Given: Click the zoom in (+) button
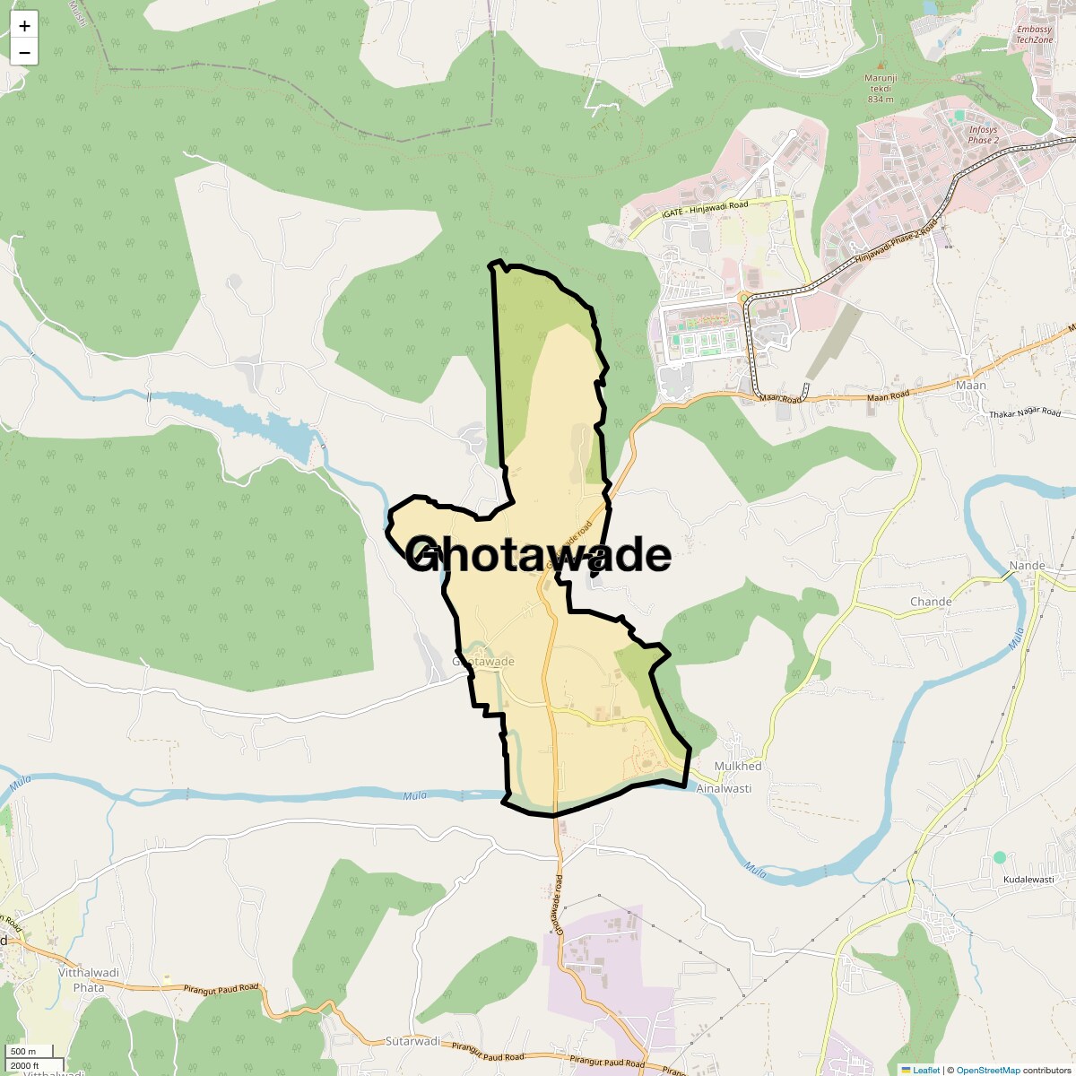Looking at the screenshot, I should point(24,27).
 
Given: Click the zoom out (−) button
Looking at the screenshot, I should point(24,53).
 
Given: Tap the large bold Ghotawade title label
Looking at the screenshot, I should point(538,555).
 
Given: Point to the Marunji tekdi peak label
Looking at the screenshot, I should point(881,88).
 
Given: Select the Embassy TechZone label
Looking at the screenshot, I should point(1034,35).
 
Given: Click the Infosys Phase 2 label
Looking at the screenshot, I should point(983,135).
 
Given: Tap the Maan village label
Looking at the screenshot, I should point(970,386).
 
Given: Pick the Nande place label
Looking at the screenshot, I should point(1028,566).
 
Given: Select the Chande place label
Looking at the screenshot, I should point(930,602).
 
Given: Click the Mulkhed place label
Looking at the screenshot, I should point(737,767).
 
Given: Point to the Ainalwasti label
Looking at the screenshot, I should point(725,788).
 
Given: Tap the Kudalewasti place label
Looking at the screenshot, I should point(1028,880).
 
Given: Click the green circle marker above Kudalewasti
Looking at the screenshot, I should point(1000,858).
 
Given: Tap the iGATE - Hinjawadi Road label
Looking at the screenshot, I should point(705,210).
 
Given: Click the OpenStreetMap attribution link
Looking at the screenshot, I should point(988,1070).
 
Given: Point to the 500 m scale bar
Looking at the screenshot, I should point(24,1052).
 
